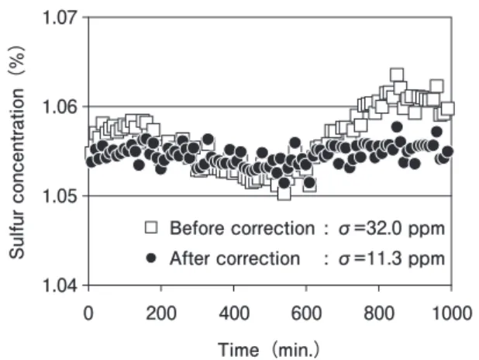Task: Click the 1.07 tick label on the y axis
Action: pyautogui.click(x=60, y=17)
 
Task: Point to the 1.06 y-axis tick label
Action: pyautogui.click(x=60, y=106)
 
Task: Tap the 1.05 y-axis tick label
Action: pyautogui.click(x=60, y=196)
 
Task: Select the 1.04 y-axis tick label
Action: pyautogui.click(x=60, y=286)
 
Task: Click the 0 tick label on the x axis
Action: pyautogui.click(x=88, y=313)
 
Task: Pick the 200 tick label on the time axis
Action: pyautogui.click(x=161, y=313)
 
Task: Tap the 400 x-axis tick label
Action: pyautogui.click(x=234, y=313)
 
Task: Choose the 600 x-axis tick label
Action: pyautogui.click(x=306, y=313)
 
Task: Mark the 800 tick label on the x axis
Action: pyautogui.click(x=379, y=313)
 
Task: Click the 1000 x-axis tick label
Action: pyautogui.click(x=452, y=313)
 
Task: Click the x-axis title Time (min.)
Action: pyautogui.click(x=268, y=349)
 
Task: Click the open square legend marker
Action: pyautogui.click(x=151, y=227)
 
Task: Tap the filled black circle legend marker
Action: pyautogui.click(x=151, y=258)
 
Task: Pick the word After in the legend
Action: pyautogui.click(x=189, y=258)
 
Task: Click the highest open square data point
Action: pyautogui.click(x=397, y=75)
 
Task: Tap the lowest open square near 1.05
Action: pyautogui.click(x=284, y=193)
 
